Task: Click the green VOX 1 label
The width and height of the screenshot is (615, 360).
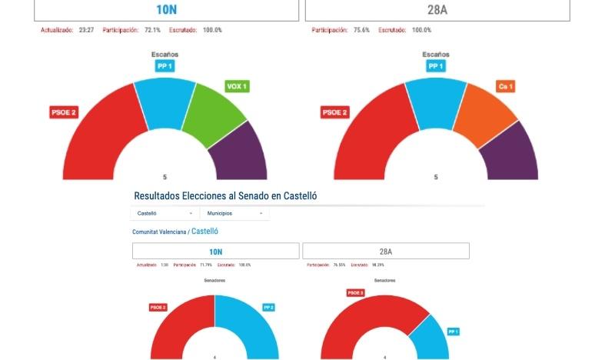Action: (236, 86)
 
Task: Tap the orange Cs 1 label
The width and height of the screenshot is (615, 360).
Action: (505, 86)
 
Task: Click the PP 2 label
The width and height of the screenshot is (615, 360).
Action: (269, 307)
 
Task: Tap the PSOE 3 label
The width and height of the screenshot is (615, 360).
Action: (355, 293)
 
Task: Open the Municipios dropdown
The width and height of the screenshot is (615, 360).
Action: (234, 213)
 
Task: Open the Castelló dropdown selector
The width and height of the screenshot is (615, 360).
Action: (165, 213)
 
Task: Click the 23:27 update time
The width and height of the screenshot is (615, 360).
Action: (86, 30)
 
